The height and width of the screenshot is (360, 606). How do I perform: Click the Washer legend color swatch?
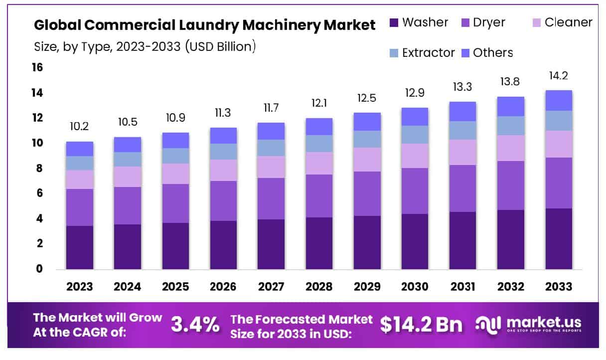pyautogui.click(x=394, y=22)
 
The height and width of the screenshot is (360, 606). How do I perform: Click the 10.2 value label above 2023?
pyautogui.click(x=80, y=127)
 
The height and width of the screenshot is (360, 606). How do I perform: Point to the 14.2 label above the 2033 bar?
pyautogui.click(x=559, y=76)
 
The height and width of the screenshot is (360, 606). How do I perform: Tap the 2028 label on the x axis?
pyautogui.click(x=319, y=287)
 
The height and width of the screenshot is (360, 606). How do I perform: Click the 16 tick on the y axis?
pyautogui.click(x=37, y=67)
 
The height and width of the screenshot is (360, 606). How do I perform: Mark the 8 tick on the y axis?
pyautogui.click(x=39, y=169)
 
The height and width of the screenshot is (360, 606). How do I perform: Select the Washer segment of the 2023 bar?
pyautogui.click(x=80, y=247)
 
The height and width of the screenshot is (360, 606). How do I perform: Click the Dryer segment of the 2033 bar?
pyautogui.click(x=559, y=183)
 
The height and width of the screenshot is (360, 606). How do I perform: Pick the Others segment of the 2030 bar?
pyautogui.click(x=415, y=117)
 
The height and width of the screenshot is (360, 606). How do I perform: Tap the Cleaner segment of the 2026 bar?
pyautogui.click(x=223, y=170)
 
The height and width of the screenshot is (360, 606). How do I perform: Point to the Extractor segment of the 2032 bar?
pyautogui.click(x=511, y=126)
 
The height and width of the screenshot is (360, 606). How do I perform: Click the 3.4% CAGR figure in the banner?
pyautogui.click(x=195, y=325)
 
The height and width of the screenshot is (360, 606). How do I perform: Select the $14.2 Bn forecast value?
pyautogui.click(x=421, y=325)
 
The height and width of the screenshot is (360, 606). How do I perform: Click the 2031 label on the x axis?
pyautogui.click(x=462, y=287)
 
